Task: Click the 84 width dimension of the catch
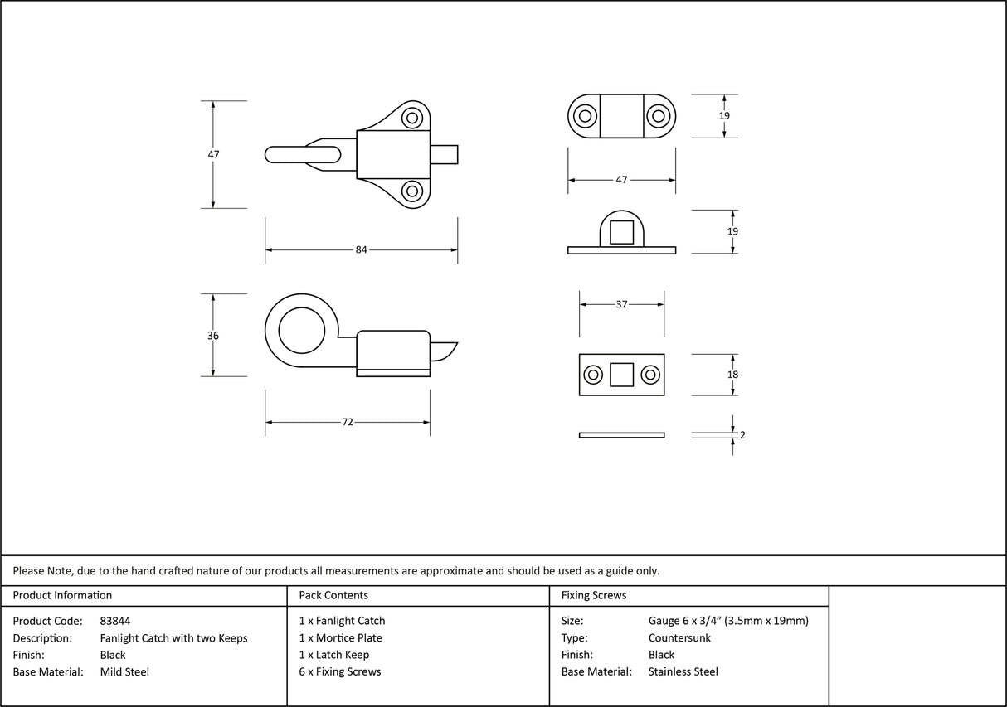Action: pyautogui.click(x=361, y=249)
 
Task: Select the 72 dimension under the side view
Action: pyautogui.click(x=348, y=422)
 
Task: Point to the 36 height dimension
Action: pyautogui.click(x=213, y=336)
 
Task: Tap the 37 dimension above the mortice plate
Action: pyautogui.click(x=621, y=304)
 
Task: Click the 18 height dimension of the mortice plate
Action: pyautogui.click(x=732, y=375)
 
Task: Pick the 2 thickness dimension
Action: pyautogui.click(x=742, y=434)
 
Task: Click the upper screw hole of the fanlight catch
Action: pyautogui.click(x=411, y=118)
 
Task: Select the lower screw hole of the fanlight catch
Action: pyautogui.click(x=411, y=191)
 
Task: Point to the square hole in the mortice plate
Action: pyautogui.click(x=621, y=375)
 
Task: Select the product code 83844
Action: pyautogui.click(x=114, y=621)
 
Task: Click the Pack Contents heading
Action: pyautogui.click(x=333, y=595)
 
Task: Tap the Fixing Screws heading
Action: pyautogui.click(x=594, y=595)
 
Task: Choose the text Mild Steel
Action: pyautogui.click(x=124, y=672)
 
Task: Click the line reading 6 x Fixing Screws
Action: pyautogui.click(x=340, y=672)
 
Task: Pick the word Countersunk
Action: pyautogui.click(x=679, y=638)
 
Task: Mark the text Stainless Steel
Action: pyautogui.click(x=683, y=672)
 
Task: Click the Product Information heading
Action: pyautogui.click(x=62, y=595)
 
